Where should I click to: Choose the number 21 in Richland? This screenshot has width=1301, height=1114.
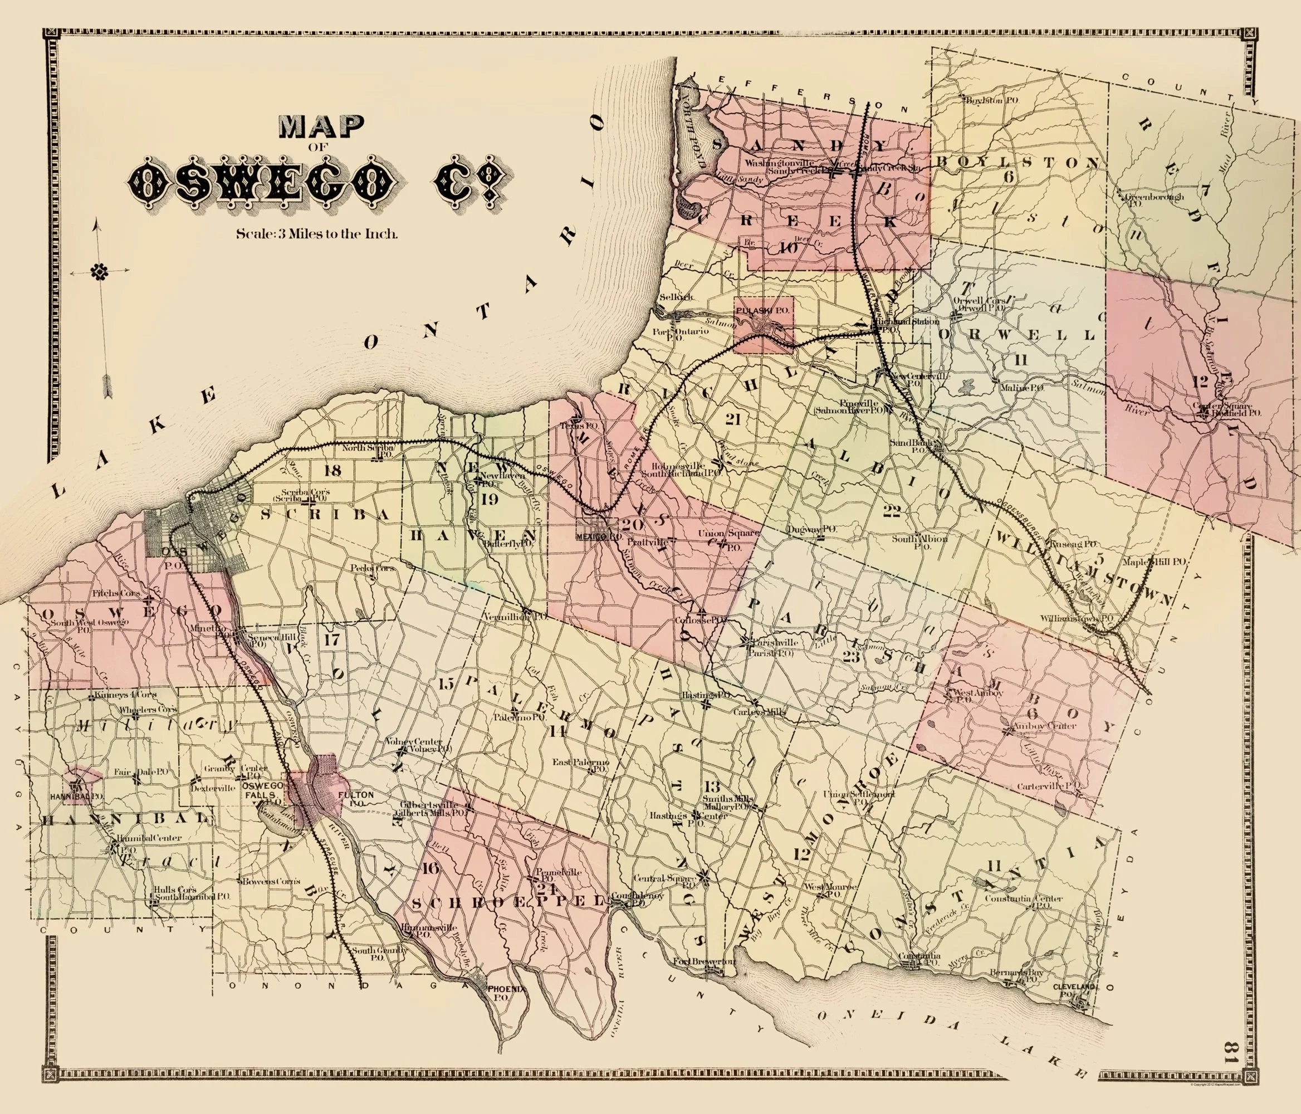pos(732,419)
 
